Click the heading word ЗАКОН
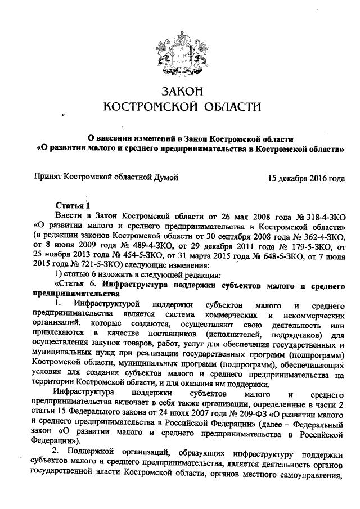181,91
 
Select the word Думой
166,178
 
